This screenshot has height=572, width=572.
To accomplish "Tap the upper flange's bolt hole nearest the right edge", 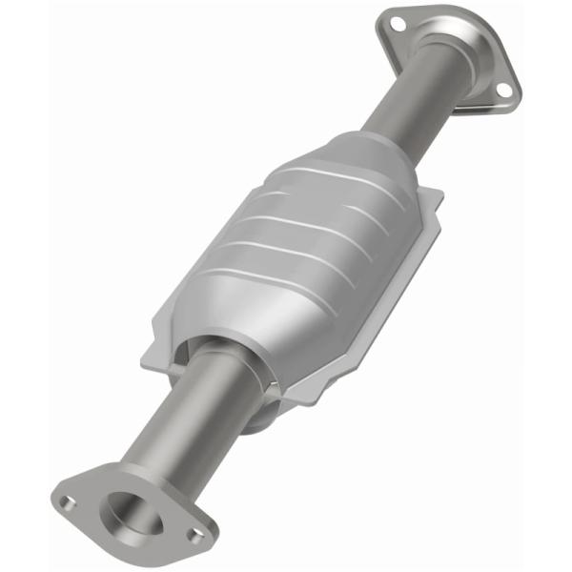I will pyautogui.click(x=503, y=90).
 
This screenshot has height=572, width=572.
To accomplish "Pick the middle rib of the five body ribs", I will pyautogui.click(x=286, y=229).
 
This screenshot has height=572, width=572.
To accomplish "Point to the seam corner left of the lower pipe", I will pyautogui.click(x=153, y=357).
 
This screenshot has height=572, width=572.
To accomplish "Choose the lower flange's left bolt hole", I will pyautogui.click(x=64, y=500).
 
